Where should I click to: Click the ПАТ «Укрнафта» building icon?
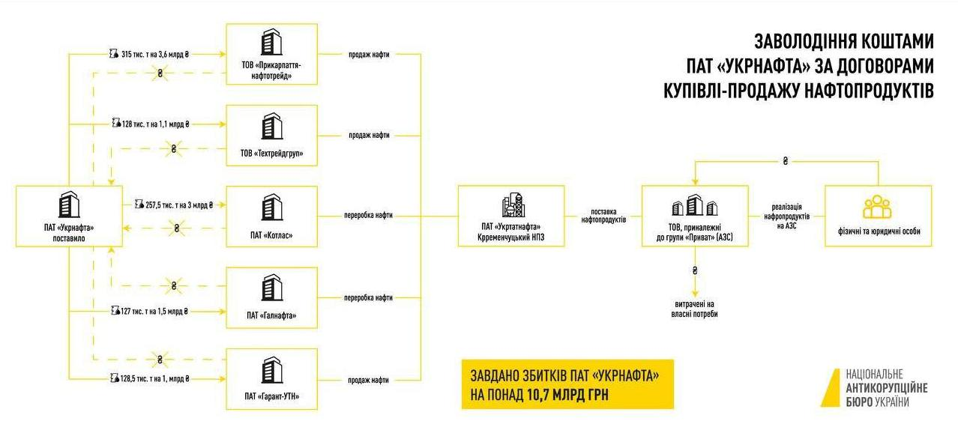[69, 205]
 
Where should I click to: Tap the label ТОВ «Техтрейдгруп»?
[271, 153]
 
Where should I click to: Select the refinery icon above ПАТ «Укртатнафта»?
[513, 205]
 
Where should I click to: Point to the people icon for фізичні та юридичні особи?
[877, 207]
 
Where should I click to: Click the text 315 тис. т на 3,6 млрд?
[155, 54]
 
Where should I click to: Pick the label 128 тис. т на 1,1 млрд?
[156, 124]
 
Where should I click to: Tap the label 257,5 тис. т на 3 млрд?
[178, 205]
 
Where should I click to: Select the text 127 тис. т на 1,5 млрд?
[154, 311]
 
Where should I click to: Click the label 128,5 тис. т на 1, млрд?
[154, 378]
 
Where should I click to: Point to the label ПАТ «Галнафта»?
[271, 315]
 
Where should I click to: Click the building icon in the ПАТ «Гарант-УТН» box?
[271, 370]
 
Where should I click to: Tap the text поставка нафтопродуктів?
[603, 216]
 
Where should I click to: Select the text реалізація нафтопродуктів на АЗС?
[786, 217]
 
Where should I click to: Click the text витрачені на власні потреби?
[695, 309]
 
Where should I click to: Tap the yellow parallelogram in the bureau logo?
[831, 388]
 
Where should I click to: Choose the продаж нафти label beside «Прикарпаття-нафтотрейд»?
[369, 54]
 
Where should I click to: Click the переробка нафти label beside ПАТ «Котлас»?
[368, 215]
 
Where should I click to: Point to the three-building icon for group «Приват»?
[695, 205]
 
